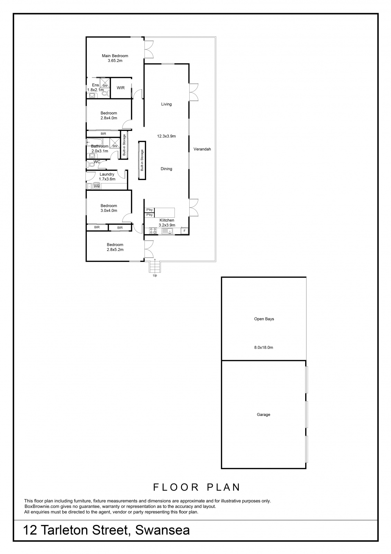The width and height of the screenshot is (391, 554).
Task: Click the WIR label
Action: (121, 88)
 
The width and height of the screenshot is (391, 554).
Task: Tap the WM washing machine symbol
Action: (97, 187)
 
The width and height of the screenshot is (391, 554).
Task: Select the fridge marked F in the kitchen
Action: (184, 231)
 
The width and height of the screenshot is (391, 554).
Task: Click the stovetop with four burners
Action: (153, 231)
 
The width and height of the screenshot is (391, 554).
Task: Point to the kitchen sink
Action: (167, 231)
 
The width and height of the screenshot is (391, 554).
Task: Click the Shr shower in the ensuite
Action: (105, 83)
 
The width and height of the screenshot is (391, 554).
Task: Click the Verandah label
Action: (202, 149)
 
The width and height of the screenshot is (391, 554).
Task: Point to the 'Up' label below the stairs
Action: (155, 275)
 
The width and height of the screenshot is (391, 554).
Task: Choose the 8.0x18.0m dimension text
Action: (263, 347)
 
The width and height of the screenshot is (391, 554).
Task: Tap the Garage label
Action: (263, 414)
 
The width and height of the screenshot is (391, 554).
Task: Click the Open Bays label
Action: (264, 319)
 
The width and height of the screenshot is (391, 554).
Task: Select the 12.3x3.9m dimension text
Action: (166, 136)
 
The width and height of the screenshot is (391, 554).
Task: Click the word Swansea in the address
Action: (162, 530)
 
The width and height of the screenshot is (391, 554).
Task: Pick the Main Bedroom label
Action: (115, 56)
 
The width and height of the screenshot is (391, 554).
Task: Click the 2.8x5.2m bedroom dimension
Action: (115, 250)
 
